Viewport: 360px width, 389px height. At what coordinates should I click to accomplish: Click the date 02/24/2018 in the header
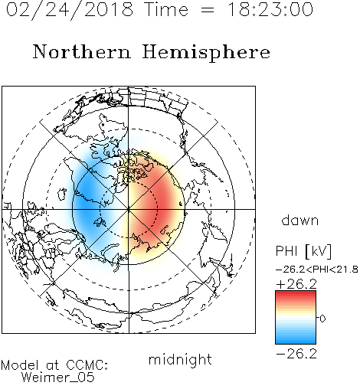(x=70, y=10)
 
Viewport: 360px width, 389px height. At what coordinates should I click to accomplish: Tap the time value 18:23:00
(x=270, y=10)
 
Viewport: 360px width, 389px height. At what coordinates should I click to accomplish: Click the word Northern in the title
(x=82, y=52)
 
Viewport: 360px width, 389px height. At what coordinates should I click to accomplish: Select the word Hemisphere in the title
(x=206, y=53)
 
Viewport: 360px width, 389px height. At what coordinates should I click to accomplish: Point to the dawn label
(x=300, y=220)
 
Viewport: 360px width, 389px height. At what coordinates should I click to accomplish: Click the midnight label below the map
(x=180, y=360)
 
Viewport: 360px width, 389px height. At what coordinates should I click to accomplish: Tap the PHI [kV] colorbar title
(x=303, y=251)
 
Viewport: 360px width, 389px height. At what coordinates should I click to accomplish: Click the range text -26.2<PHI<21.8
(x=316, y=270)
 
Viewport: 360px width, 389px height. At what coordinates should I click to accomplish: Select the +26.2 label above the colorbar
(x=296, y=284)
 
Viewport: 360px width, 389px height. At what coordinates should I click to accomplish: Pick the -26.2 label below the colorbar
(x=296, y=354)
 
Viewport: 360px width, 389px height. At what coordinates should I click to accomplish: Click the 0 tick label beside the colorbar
(x=322, y=319)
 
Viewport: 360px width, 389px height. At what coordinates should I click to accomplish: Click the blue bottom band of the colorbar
(x=296, y=341)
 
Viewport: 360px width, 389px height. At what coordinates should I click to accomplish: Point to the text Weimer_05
(x=58, y=378)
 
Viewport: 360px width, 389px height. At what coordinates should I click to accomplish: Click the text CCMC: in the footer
(x=87, y=365)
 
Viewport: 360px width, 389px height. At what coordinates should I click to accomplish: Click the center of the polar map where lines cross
(x=129, y=210)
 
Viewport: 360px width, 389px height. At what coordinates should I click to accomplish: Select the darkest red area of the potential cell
(x=166, y=204)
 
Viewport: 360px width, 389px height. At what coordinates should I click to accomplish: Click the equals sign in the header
(x=208, y=10)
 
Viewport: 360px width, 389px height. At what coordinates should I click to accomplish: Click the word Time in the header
(x=166, y=10)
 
